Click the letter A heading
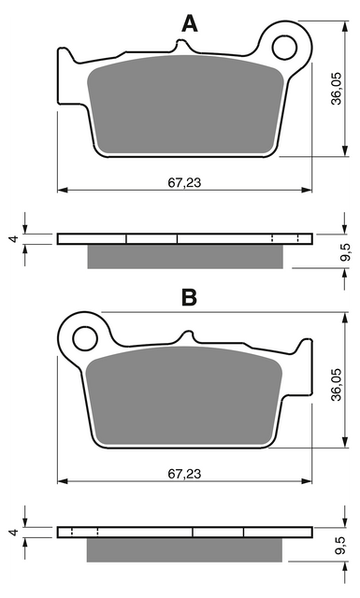[x=190, y=23]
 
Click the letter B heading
[x=189, y=297]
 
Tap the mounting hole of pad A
[x=284, y=48]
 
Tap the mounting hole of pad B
[x=85, y=338]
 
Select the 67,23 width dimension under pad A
[x=184, y=183]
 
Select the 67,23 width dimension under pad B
[x=184, y=474]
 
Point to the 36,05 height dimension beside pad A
[x=337, y=89]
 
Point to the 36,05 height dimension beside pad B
[x=337, y=385]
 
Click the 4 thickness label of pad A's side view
[x=15, y=239]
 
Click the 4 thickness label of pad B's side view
[x=15, y=533]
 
